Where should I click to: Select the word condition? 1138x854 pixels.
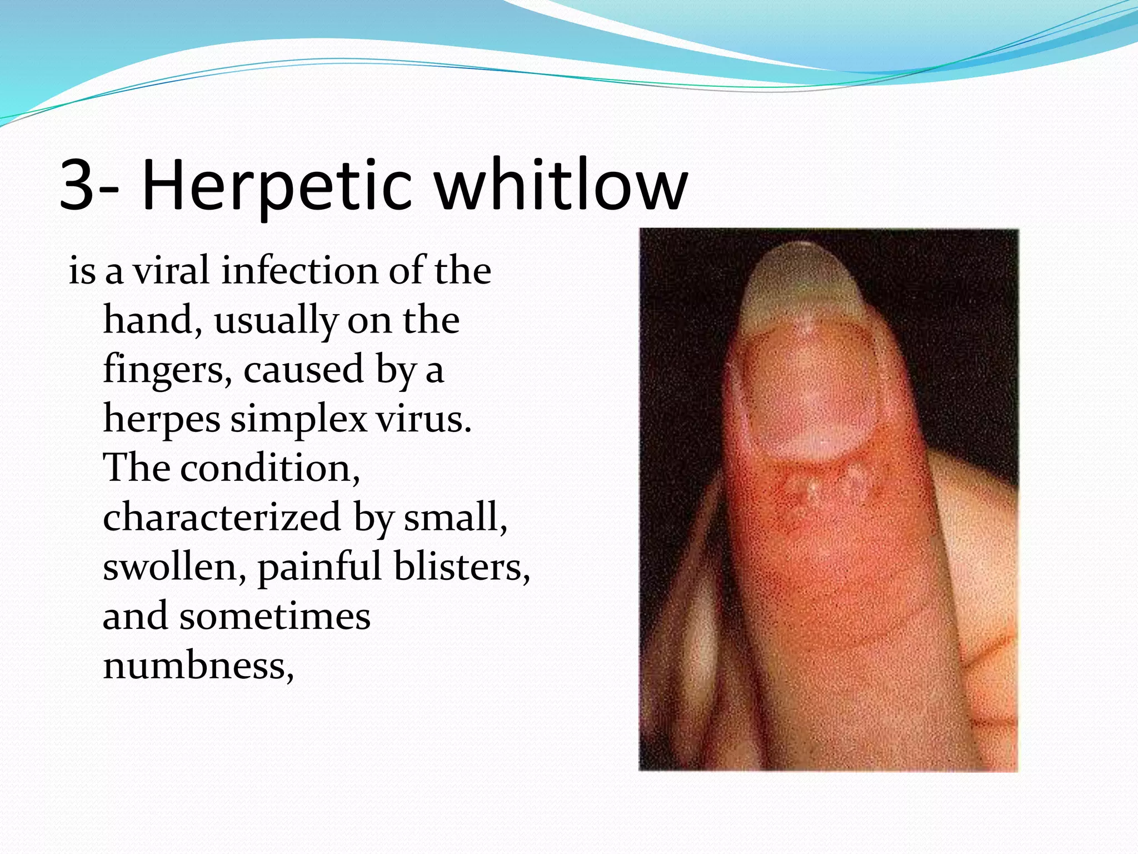[270, 468]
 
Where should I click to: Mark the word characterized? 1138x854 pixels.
[221, 518]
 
